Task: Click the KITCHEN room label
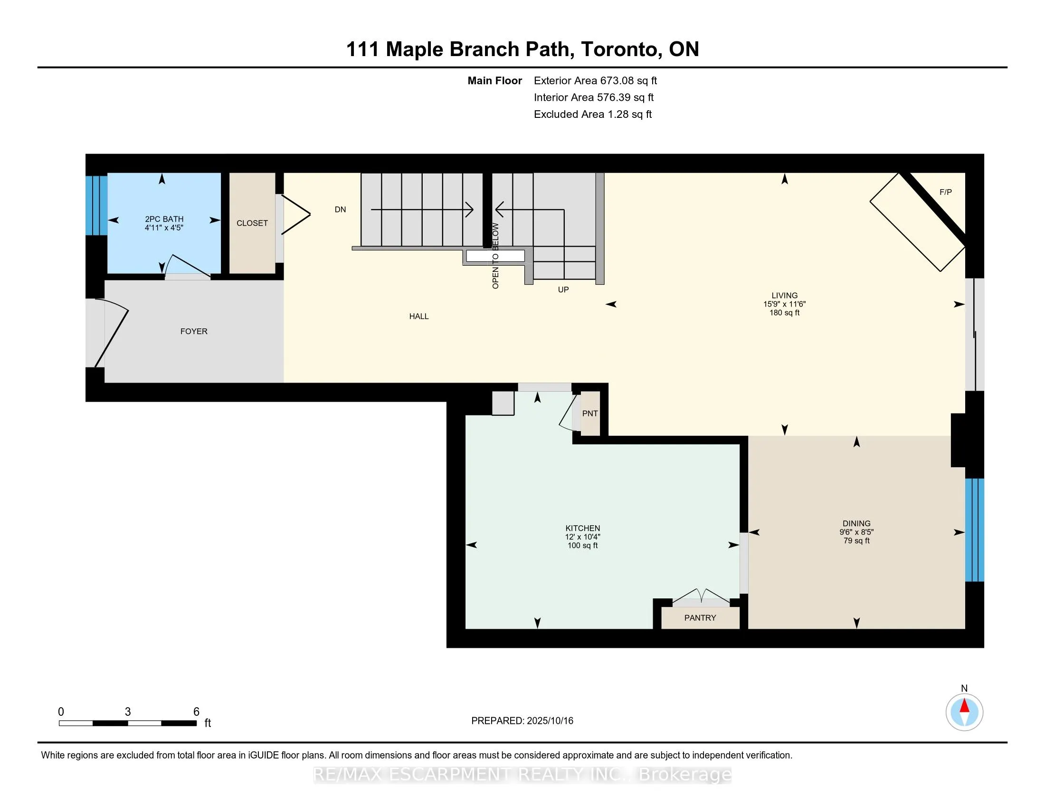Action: (x=582, y=529)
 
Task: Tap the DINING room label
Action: (x=856, y=524)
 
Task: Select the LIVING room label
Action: (x=784, y=296)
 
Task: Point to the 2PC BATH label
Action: (x=164, y=219)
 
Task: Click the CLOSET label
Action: (x=252, y=223)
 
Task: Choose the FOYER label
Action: (x=194, y=331)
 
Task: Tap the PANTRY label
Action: (x=700, y=618)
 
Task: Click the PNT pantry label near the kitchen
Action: (x=590, y=414)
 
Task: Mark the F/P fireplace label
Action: (x=945, y=192)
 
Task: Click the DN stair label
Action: (x=340, y=210)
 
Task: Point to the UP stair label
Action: (x=563, y=289)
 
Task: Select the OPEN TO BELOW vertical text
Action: (x=495, y=256)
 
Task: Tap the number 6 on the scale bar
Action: (x=196, y=712)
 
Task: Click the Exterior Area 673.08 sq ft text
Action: (x=595, y=81)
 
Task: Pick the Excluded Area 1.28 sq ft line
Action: (x=593, y=115)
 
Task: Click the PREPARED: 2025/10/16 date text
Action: (x=522, y=721)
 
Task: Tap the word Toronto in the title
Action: (x=621, y=50)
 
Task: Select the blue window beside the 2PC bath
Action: (x=96, y=206)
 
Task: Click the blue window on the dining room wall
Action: (x=974, y=530)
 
